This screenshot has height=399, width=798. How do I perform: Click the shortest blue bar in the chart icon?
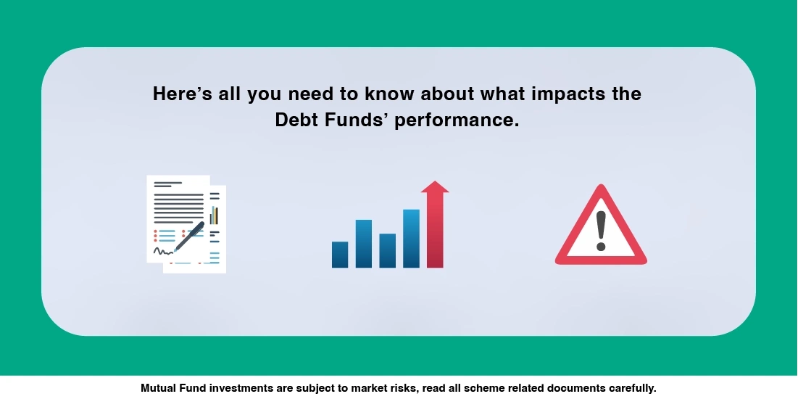[340, 255]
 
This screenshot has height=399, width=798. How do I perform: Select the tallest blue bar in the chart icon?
[411, 238]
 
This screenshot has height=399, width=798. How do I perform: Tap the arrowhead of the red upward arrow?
[435, 186]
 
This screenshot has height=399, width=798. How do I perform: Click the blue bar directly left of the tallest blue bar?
[388, 250]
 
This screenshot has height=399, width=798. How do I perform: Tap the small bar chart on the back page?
[214, 215]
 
